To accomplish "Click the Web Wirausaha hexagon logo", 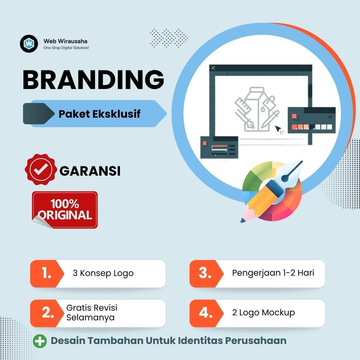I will (x=29, y=44).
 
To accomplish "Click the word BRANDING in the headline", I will (x=93, y=80).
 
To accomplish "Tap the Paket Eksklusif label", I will (x=99, y=114).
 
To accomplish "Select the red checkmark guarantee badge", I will (x=40, y=170).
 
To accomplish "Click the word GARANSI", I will (x=90, y=171).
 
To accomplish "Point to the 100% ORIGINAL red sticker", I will (x=65, y=210).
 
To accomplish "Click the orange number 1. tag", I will (x=46, y=273).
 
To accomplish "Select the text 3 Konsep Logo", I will (x=103, y=273).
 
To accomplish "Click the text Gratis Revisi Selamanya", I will (x=92, y=312).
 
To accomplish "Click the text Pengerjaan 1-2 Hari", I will (x=273, y=273).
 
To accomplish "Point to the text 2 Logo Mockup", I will (x=263, y=313).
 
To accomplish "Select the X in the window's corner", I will (x=213, y=68).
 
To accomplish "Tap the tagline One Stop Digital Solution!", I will (x=66, y=48).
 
